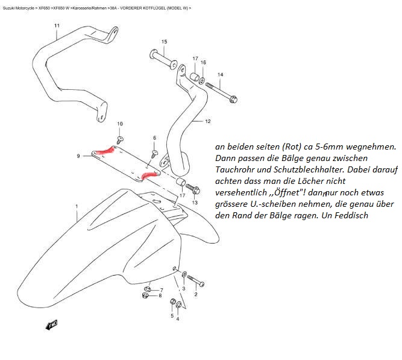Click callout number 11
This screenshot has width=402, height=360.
coord(57,26)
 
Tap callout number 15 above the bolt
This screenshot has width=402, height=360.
coord(163,42)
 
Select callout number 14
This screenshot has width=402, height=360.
coord(220,75)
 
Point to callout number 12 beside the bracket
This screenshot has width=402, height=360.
coord(207,122)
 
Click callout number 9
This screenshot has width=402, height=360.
coord(78,156)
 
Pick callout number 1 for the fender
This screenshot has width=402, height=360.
coord(77,207)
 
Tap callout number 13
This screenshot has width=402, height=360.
coord(195,202)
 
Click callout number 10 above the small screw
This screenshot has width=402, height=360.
coord(120,124)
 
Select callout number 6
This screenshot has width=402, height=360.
coord(154,138)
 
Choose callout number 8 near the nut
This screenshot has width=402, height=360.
coord(160,295)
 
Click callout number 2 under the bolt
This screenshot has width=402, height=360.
coord(195,294)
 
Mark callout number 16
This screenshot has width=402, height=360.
coord(203,63)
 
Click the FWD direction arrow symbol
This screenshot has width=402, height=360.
coord(52,325)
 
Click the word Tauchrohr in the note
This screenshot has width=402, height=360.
coord(234,169)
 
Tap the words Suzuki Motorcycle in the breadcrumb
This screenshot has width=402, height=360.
coord(17,8)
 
